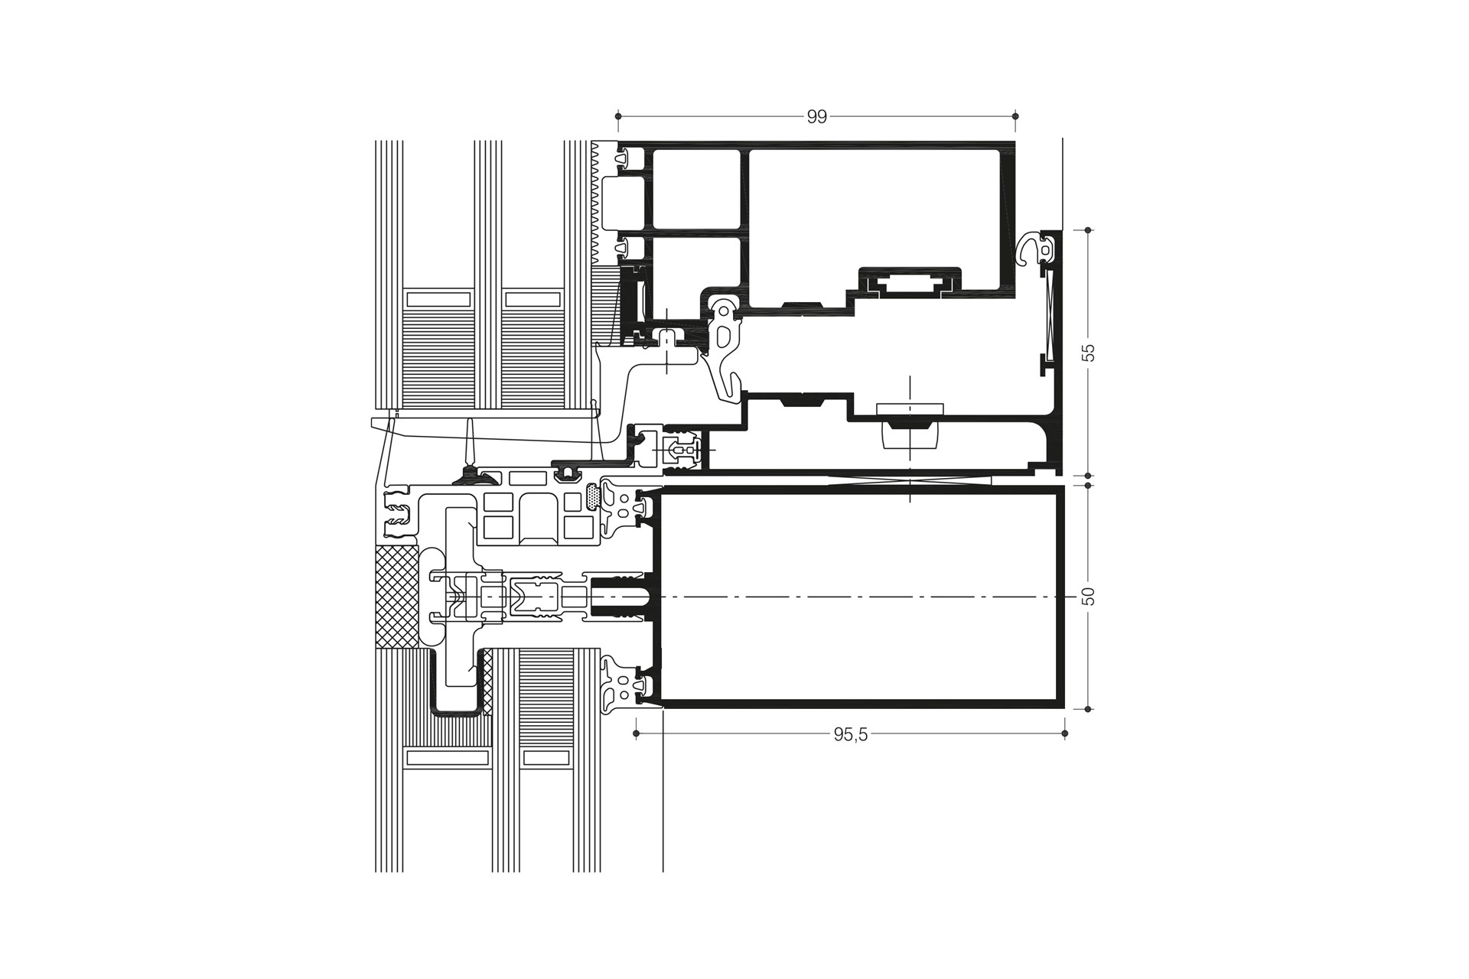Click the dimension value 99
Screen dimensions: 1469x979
click(817, 117)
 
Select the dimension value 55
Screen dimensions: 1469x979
click(1089, 353)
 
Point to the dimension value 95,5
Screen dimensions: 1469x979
click(850, 735)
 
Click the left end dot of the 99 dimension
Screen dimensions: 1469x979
click(618, 116)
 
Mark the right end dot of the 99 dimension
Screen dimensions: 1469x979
click(1015, 116)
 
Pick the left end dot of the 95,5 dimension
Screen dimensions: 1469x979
click(637, 734)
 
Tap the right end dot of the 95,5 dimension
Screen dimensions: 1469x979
click(1065, 734)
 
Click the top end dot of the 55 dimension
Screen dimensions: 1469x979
click(1089, 229)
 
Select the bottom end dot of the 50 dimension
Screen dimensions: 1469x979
click(1089, 709)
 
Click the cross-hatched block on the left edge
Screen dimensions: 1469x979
click(396, 597)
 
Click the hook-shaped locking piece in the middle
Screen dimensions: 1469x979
click(724, 348)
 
